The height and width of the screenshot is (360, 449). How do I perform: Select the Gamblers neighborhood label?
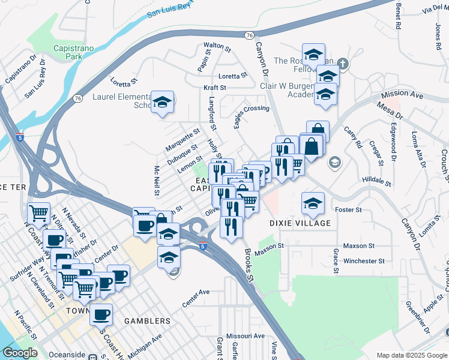coord(147,321)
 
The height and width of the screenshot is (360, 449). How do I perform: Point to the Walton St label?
coord(217,46)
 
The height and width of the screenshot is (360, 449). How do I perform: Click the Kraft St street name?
coord(214,88)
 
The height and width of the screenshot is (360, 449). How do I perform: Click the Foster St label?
coord(348,209)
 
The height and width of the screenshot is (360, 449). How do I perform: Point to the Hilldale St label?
coord(377,180)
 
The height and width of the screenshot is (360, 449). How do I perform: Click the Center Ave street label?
coord(196,293)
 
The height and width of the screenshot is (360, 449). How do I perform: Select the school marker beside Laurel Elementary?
coord(162,103)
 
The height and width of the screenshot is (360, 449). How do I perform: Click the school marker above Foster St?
coord(313,203)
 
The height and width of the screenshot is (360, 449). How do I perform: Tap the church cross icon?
coord(343,63)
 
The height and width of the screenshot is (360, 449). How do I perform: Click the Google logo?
coord(19,353)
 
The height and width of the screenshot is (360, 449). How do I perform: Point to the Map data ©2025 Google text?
coord(411,355)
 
